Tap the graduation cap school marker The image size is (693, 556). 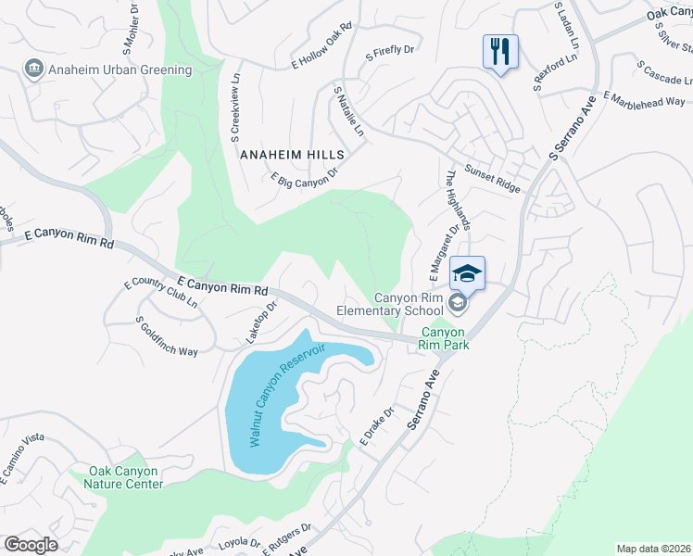[468, 272]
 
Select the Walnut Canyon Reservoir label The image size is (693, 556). [288, 396]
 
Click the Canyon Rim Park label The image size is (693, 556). [446, 338]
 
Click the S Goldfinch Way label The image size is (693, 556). [168, 337]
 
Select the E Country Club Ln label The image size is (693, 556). [160, 294]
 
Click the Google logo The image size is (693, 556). [31, 545]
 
